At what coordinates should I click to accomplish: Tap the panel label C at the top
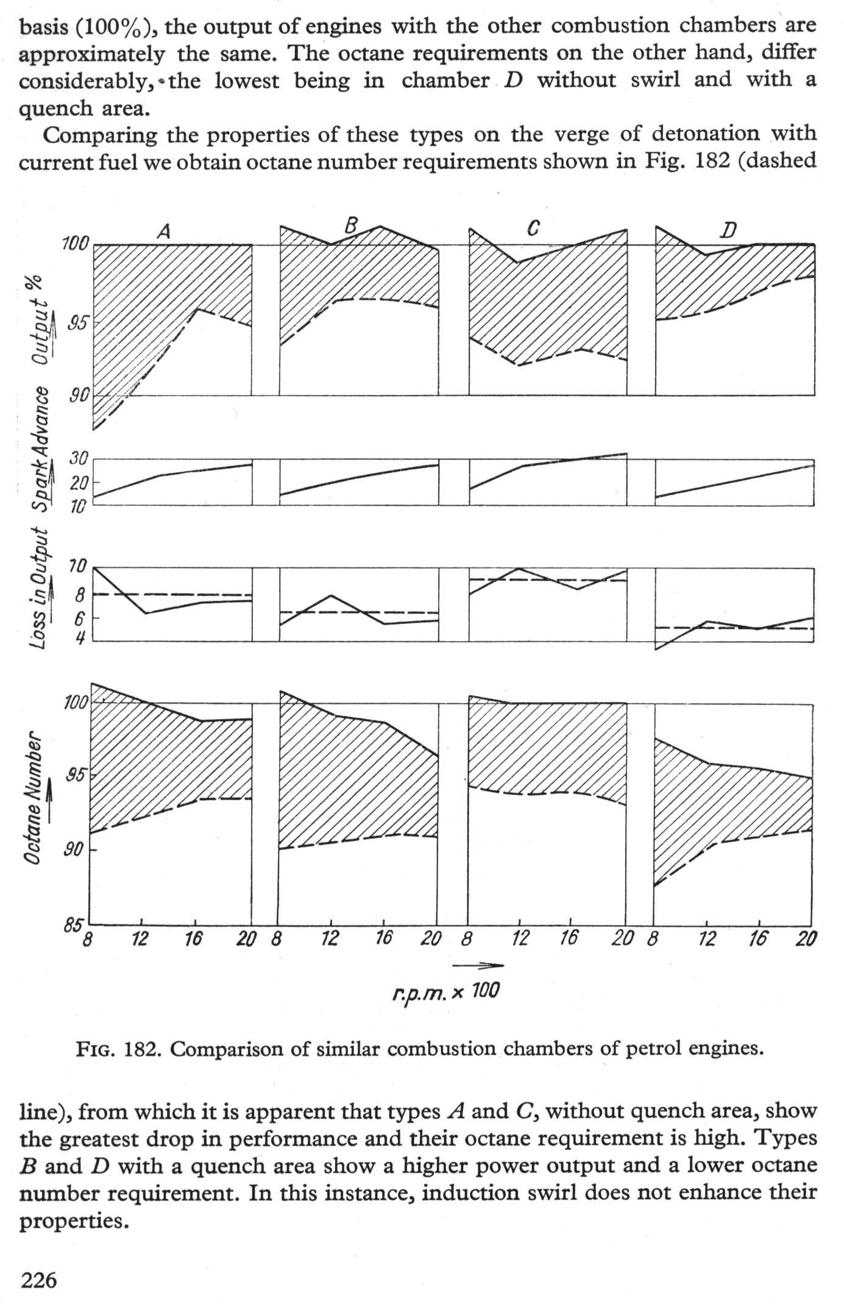[533, 229]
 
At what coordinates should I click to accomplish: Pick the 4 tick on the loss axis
[80, 638]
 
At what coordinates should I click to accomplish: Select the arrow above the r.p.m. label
[478, 965]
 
